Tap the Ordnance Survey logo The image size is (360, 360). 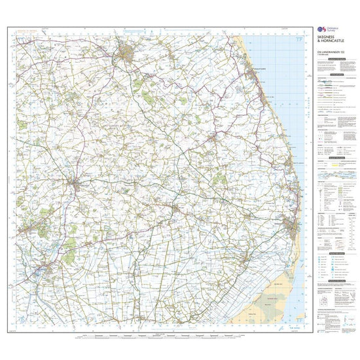(320, 31)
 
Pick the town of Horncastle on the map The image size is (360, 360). (77, 185)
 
